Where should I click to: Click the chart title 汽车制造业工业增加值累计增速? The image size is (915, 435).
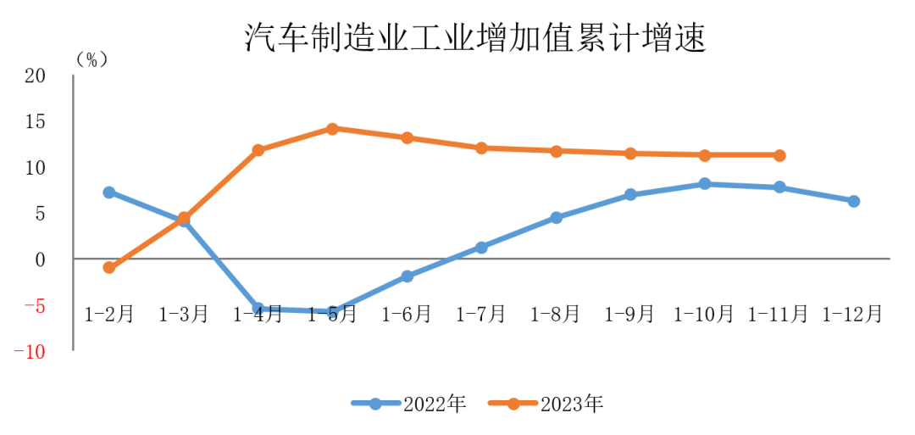[x=475, y=39]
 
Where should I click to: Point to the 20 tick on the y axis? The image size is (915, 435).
[x=35, y=76]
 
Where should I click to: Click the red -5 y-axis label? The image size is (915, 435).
[x=35, y=305]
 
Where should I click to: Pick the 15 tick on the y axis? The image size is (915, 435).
[x=35, y=122]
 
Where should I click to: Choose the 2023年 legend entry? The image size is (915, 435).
[x=546, y=404]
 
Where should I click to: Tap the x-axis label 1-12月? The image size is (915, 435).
[x=853, y=315]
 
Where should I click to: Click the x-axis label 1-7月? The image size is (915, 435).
[x=481, y=315]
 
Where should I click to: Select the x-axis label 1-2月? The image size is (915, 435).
[x=109, y=315]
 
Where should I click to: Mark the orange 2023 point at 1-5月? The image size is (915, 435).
[x=332, y=129]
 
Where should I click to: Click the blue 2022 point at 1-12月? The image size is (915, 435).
[x=854, y=201]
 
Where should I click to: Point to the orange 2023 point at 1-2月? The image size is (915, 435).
[x=109, y=267]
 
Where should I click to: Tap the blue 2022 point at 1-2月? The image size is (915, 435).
[x=109, y=192]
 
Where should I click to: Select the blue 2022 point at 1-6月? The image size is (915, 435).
[x=407, y=276]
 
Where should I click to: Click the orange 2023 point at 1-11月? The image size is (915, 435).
[x=779, y=155]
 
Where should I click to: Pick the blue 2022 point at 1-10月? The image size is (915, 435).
[x=705, y=183]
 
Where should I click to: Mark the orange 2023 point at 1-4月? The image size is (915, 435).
[x=258, y=150]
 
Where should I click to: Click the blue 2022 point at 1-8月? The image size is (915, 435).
[x=556, y=217]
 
